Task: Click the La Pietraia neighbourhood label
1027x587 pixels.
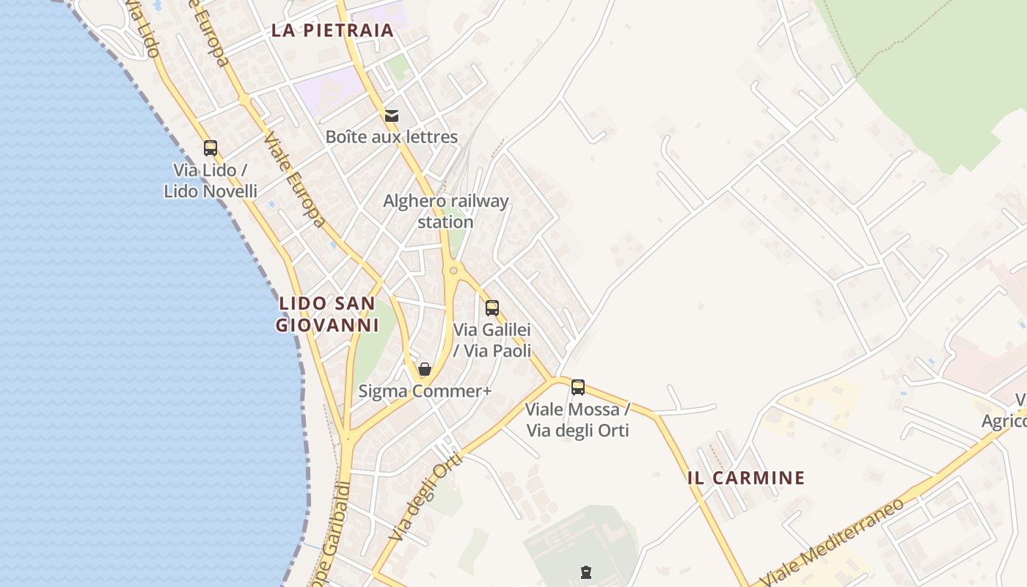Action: coord(332,31)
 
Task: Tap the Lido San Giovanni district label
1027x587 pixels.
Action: coord(326,314)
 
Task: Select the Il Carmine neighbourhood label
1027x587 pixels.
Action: coord(746,478)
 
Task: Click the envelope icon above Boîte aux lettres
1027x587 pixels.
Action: coord(392,115)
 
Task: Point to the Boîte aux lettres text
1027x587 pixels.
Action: coord(392,137)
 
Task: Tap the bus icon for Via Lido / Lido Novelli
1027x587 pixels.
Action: coord(211,148)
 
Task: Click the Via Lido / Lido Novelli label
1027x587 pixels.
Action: coord(211,181)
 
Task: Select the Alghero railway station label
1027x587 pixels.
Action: coord(445,211)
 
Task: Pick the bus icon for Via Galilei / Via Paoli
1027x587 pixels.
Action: coord(492,308)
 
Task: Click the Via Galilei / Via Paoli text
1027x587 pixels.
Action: coord(492,340)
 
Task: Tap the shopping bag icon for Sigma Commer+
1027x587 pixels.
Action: coord(425,369)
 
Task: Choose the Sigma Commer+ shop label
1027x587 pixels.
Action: coord(425,392)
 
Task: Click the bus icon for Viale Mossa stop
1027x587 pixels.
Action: coord(578,387)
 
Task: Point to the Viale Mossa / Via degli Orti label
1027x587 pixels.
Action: coord(578,420)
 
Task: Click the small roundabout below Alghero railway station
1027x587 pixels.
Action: coord(454,271)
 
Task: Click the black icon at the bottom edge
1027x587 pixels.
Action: coord(585,572)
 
